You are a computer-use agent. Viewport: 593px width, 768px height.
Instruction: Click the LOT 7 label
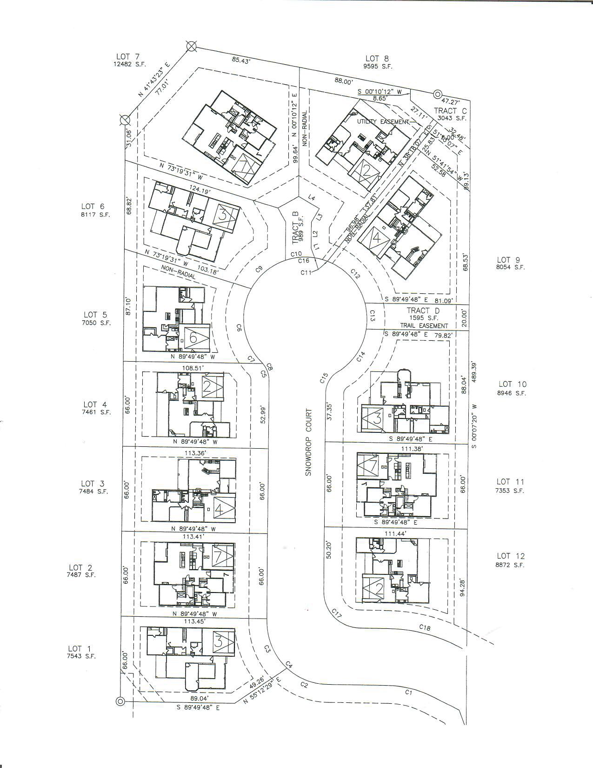[127, 57]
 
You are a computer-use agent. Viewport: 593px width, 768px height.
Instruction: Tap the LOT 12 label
[510, 556]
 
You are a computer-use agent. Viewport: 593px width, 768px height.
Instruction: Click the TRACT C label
[450, 110]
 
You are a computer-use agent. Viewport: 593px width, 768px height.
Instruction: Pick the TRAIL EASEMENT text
[424, 326]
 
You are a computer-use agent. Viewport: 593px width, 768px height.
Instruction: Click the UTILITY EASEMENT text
[382, 121]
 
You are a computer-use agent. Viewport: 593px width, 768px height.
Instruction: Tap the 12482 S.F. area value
[130, 65]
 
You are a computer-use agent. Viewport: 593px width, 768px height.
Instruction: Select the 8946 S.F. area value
[512, 393]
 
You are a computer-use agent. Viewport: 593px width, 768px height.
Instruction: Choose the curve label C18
[425, 627]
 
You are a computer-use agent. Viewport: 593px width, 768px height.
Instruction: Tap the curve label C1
[409, 692]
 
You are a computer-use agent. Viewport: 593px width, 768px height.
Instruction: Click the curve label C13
[372, 318]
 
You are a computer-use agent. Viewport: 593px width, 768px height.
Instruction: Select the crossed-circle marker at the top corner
[190, 46]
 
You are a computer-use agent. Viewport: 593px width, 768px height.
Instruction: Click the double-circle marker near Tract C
[437, 94]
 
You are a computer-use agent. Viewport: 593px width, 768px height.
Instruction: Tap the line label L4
[312, 198]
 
